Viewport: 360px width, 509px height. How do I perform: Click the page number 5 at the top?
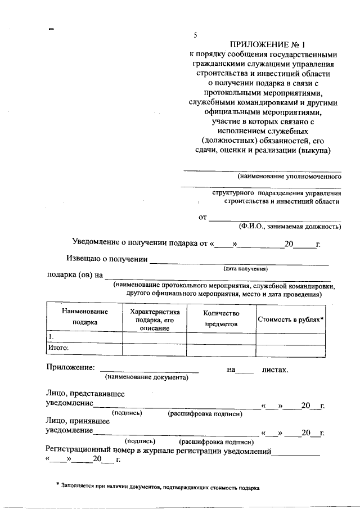point(195,35)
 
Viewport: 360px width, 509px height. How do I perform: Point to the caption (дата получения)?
point(245,268)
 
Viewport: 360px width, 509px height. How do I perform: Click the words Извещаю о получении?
point(106,259)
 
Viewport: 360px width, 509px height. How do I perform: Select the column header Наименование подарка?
point(84,317)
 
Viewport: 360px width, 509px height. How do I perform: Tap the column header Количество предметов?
point(221,318)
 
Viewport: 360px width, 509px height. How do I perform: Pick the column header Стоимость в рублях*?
point(290,319)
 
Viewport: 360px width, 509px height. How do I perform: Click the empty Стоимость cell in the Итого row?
point(290,349)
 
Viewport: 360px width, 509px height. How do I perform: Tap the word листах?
point(275,370)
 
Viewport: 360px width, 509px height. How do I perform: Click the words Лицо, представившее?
point(85,395)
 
